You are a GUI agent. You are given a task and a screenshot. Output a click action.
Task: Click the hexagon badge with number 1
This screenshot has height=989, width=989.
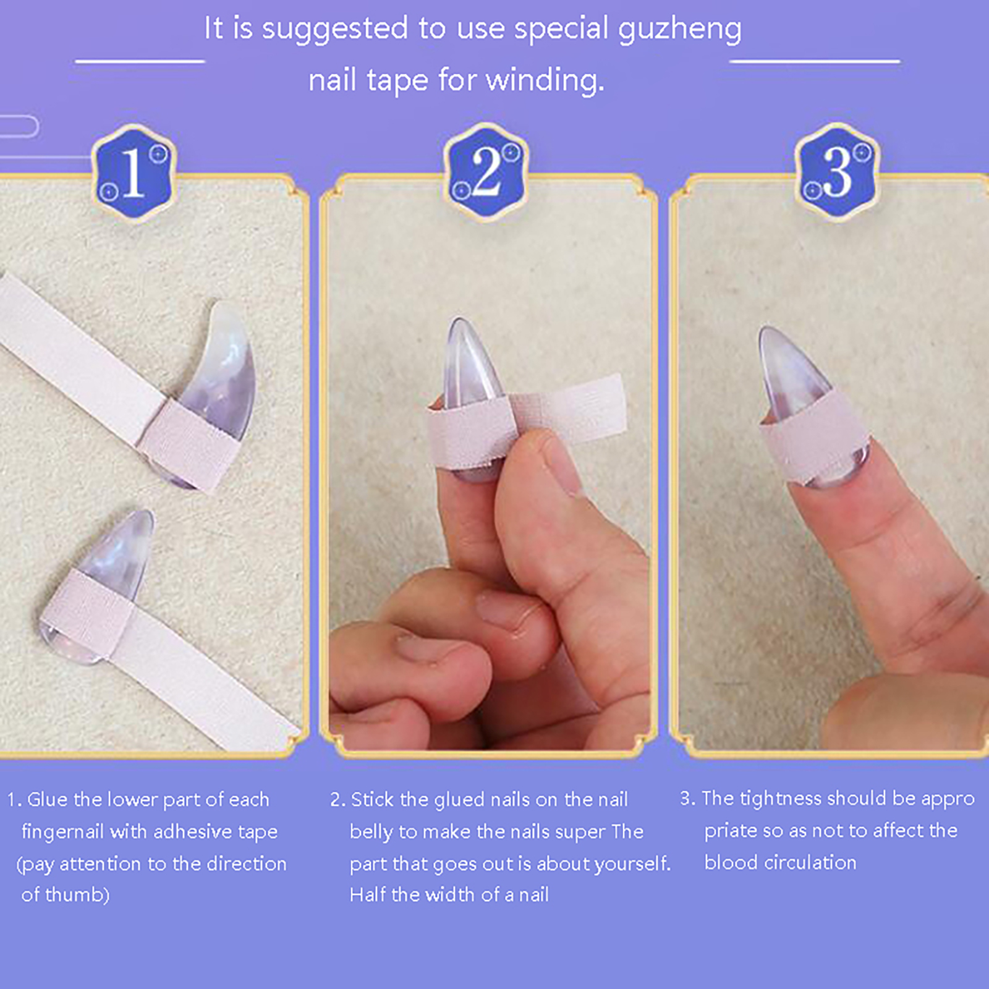click(x=134, y=173)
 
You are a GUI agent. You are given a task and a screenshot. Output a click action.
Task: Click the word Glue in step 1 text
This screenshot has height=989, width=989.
click(x=47, y=800)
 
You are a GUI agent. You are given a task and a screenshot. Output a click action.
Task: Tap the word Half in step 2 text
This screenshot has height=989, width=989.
click(x=368, y=895)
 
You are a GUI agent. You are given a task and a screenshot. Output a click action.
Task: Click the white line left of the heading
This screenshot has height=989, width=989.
click(x=140, y=61)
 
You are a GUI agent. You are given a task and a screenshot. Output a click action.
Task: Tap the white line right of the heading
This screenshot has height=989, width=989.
click(x=815, y=61)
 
